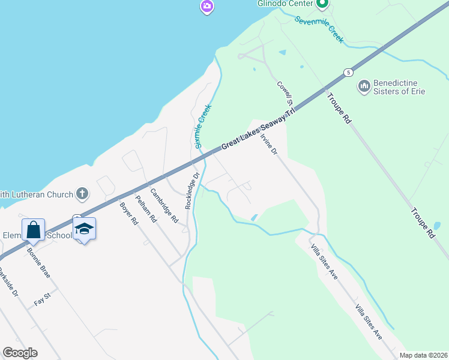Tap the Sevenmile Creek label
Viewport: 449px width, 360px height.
[x=319, y=28]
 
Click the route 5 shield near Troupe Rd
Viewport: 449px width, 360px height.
[x=348, y=72]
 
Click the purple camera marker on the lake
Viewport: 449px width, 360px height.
[x=207, y=7]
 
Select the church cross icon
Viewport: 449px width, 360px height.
[x=83, y=194]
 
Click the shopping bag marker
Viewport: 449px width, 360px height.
[x=33, y=230]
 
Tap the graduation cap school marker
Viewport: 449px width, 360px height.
[x=85, y=229]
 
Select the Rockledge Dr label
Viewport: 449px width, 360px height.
[x=191, y=191]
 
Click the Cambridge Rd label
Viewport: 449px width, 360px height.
[x=164, y=206]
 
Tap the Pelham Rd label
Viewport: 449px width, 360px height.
[x=146, y=209]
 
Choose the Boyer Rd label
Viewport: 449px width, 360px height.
[x=129, y=213]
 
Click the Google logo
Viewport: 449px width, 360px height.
[x=20, y=353]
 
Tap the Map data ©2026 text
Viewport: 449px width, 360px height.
[x=423, y=355]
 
